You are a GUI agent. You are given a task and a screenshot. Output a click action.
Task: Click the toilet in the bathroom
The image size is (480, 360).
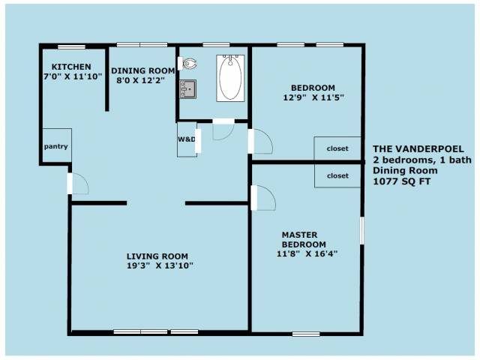coord(187,64)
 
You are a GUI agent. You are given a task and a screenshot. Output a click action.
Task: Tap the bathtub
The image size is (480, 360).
coord(230,78)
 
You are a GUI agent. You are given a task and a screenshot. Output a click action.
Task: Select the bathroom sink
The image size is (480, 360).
coord(187,89)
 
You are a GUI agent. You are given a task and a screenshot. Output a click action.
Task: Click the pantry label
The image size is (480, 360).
coord(55,147)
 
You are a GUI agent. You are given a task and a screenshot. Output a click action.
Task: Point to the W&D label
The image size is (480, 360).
coord(187,139)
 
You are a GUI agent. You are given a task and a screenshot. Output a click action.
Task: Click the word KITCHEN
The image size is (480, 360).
coord(71,67)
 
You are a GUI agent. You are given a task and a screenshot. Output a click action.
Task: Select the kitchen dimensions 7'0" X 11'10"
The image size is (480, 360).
coord(73,76)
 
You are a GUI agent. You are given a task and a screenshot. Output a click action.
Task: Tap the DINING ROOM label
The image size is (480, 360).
coord(143,70)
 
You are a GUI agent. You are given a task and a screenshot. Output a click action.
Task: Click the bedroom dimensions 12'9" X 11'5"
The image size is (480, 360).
coord(313,97)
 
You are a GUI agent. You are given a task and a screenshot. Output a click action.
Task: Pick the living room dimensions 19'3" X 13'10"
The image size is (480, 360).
coord(160,265)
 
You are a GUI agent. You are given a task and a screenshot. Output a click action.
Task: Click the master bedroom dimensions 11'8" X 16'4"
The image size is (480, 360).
coord(307,253)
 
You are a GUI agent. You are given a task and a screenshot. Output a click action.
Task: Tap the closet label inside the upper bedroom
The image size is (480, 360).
coord(337,148)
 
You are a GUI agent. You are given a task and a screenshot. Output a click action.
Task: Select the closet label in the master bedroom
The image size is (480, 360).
coord(337,175)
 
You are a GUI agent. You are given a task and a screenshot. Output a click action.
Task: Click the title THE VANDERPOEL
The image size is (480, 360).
coord(418,149)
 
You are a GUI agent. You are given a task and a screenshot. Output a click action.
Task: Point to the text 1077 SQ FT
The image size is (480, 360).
coord(402,181)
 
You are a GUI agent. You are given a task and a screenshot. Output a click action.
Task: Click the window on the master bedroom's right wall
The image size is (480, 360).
coord(361,230)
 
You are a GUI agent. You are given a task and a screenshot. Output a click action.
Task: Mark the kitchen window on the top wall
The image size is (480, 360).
coord(72,46)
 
